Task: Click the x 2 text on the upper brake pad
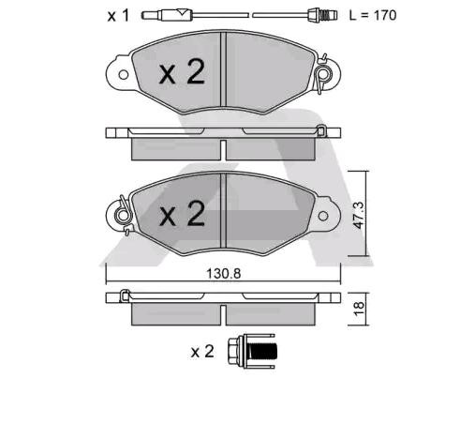[179, 73]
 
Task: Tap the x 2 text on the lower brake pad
[181, 216]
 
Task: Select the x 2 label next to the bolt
[202, 352]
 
